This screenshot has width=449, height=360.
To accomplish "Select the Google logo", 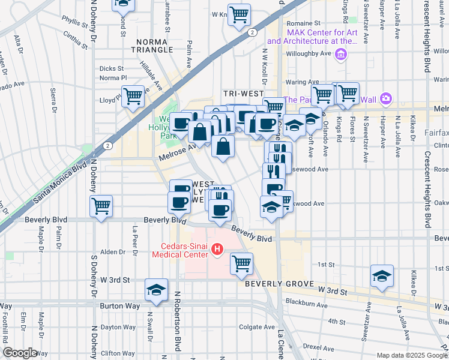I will [20, 353].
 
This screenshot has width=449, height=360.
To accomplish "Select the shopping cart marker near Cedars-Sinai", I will [241, 263].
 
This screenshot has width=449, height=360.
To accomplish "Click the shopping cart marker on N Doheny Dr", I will [101, 206].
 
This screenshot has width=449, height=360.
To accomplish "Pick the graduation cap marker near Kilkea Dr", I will [382, 275].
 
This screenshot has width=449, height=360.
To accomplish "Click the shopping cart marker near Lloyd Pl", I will [133, 96].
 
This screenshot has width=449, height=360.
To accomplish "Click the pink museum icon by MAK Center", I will [342, 56].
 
